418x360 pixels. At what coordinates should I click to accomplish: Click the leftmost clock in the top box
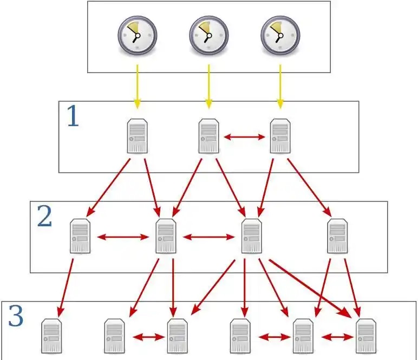(137, 35)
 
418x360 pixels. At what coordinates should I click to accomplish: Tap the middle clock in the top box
(208, 35)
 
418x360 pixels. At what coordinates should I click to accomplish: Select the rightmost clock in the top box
(280, 35)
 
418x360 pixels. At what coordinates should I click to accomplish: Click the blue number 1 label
(72, 116)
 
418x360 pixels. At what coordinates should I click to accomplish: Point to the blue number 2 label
(44, 217)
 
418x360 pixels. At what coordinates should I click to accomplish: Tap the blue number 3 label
(16, 317)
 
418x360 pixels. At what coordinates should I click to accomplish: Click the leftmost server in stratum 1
(137, 136)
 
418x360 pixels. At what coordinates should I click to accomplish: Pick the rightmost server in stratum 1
(280, 136)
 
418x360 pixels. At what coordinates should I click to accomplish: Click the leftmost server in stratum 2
(80, 237)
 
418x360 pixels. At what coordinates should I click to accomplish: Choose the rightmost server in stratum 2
(337, 237)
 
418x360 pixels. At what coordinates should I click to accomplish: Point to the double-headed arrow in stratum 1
(244, 138)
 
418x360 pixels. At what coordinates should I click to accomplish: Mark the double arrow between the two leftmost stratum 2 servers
(123, 237)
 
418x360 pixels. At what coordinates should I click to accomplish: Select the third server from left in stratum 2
(251, 237)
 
